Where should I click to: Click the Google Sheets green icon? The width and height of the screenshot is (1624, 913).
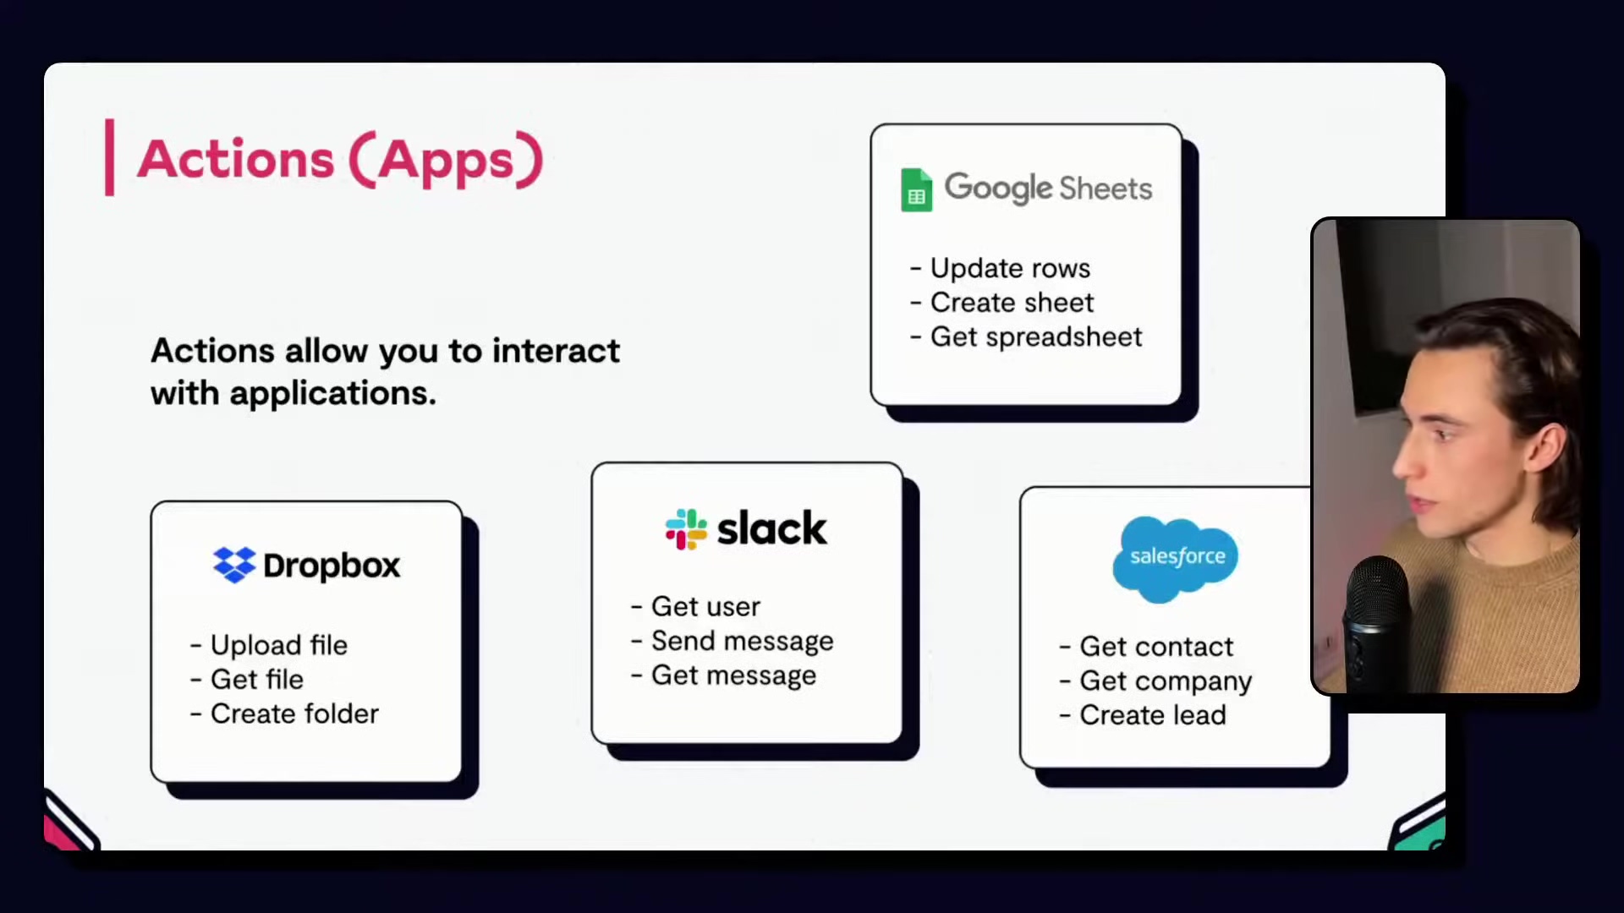point(916,189)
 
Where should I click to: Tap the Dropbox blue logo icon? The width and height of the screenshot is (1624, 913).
point(234,565)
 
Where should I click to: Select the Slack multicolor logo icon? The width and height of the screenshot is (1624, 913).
point(686,529)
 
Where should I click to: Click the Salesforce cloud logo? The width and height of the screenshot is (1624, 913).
point(1175,558)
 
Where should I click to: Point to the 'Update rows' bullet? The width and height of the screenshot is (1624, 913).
point(1001,268)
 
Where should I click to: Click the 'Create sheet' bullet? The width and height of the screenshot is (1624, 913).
point(1002,303)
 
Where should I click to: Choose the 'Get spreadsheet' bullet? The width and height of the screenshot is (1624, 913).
point(1026,337)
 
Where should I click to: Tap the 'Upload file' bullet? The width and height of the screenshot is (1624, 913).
point(269,645)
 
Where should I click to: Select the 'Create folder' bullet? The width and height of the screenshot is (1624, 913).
point(284,713)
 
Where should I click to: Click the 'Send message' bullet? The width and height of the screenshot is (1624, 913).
point(732,641)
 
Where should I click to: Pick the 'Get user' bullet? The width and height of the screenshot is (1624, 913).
point(696,606)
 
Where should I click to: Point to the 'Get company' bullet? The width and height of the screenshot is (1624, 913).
point(1155,681)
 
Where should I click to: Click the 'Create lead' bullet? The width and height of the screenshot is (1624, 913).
point(1143,715)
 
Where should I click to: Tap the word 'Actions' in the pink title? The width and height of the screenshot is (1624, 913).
point(236,159)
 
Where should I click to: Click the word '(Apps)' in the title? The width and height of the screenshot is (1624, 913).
point(446,159)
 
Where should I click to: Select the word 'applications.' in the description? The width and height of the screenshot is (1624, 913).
point(332,393)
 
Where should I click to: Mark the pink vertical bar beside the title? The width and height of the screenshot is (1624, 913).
point(109,157)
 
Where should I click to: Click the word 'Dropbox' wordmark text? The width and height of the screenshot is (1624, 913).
point(332,566)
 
